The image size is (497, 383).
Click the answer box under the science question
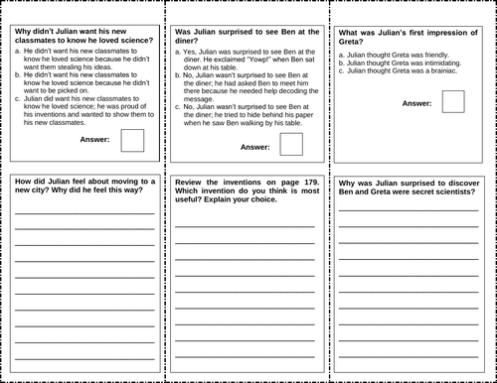[131, 140]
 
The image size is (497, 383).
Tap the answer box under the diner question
[291, 145]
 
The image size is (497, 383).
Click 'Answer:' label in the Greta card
[417, 103]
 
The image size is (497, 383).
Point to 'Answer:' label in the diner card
[255, 146]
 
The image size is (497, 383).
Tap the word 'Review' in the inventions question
[189, 184]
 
